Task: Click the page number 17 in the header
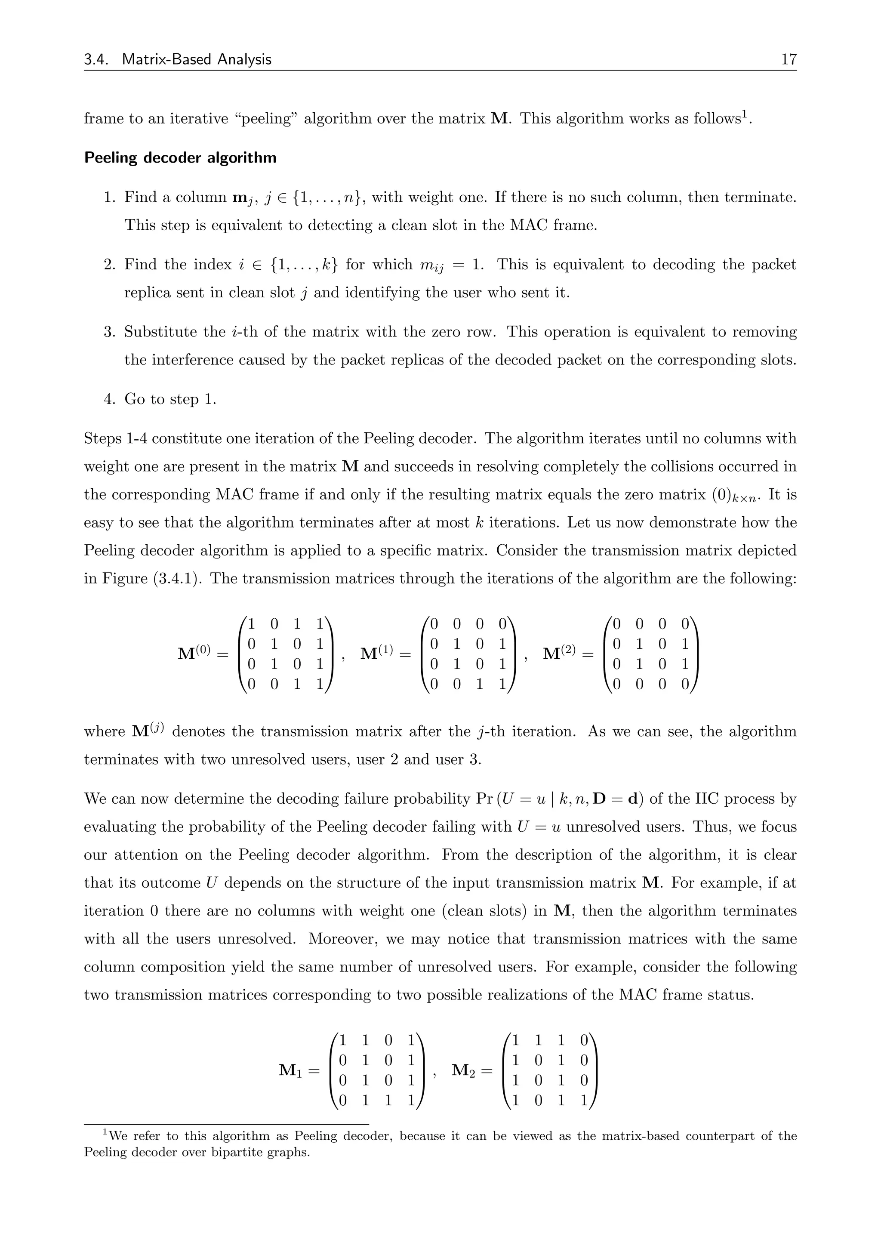click(788, 59)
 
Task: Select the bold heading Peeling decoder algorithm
click(180, 158)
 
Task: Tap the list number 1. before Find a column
click(110, 197)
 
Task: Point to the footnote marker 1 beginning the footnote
click(106, 1132)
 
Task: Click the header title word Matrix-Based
click(166, 59)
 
